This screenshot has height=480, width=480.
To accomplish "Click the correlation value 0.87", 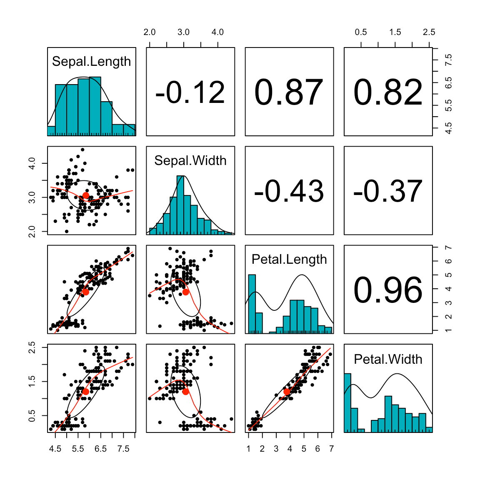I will click(289, 92).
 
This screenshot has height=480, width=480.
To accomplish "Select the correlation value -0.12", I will click(190, 92).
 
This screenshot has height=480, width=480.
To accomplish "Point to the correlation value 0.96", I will click(388, 290).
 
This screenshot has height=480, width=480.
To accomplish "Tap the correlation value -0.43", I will click(289, 191).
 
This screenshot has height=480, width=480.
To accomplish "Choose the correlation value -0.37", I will click(388, 191).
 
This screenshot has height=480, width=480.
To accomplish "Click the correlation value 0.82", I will click(388, 92).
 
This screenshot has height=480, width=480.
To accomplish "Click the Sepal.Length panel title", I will click(91, 62).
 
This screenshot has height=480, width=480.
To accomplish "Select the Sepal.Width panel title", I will click(190, 160).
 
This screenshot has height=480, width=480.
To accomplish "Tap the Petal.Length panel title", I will click(289, 260).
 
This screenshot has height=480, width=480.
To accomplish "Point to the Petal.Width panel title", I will click(388, 359).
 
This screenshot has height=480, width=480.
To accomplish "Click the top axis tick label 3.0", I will click(183, 32).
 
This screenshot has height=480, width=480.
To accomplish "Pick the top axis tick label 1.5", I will click(395, 32).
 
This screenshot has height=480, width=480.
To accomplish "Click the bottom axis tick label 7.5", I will click(123, 449).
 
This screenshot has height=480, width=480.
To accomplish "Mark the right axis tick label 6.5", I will click(448, 83).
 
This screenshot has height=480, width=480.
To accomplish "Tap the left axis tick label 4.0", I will click(32, 163).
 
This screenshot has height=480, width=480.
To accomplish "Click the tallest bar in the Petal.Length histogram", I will click(252, 304).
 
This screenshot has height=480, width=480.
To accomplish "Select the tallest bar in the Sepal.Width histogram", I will click(180, 204).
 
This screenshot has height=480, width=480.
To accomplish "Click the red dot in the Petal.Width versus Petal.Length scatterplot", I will click(287, 392).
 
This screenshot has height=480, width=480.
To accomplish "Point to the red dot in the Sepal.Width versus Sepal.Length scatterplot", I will click(85, 195).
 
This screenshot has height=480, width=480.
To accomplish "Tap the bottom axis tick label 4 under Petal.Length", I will click(290, 449).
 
